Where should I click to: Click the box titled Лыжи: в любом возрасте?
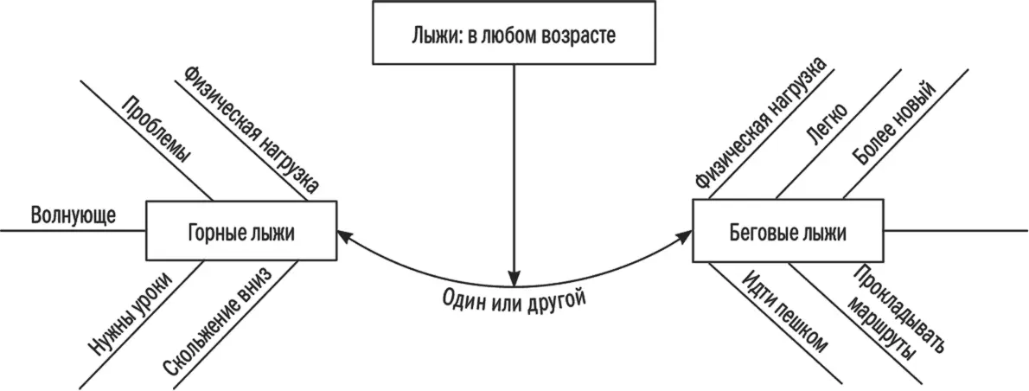click(514, 33)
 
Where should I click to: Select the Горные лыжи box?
click(241, 231)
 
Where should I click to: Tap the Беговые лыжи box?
click(788, 231)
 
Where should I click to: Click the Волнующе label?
click(73, 215)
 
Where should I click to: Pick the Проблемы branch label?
click(157, 130)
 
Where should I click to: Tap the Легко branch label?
click(826, 126)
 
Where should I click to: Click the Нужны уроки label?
click(130, 311)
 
